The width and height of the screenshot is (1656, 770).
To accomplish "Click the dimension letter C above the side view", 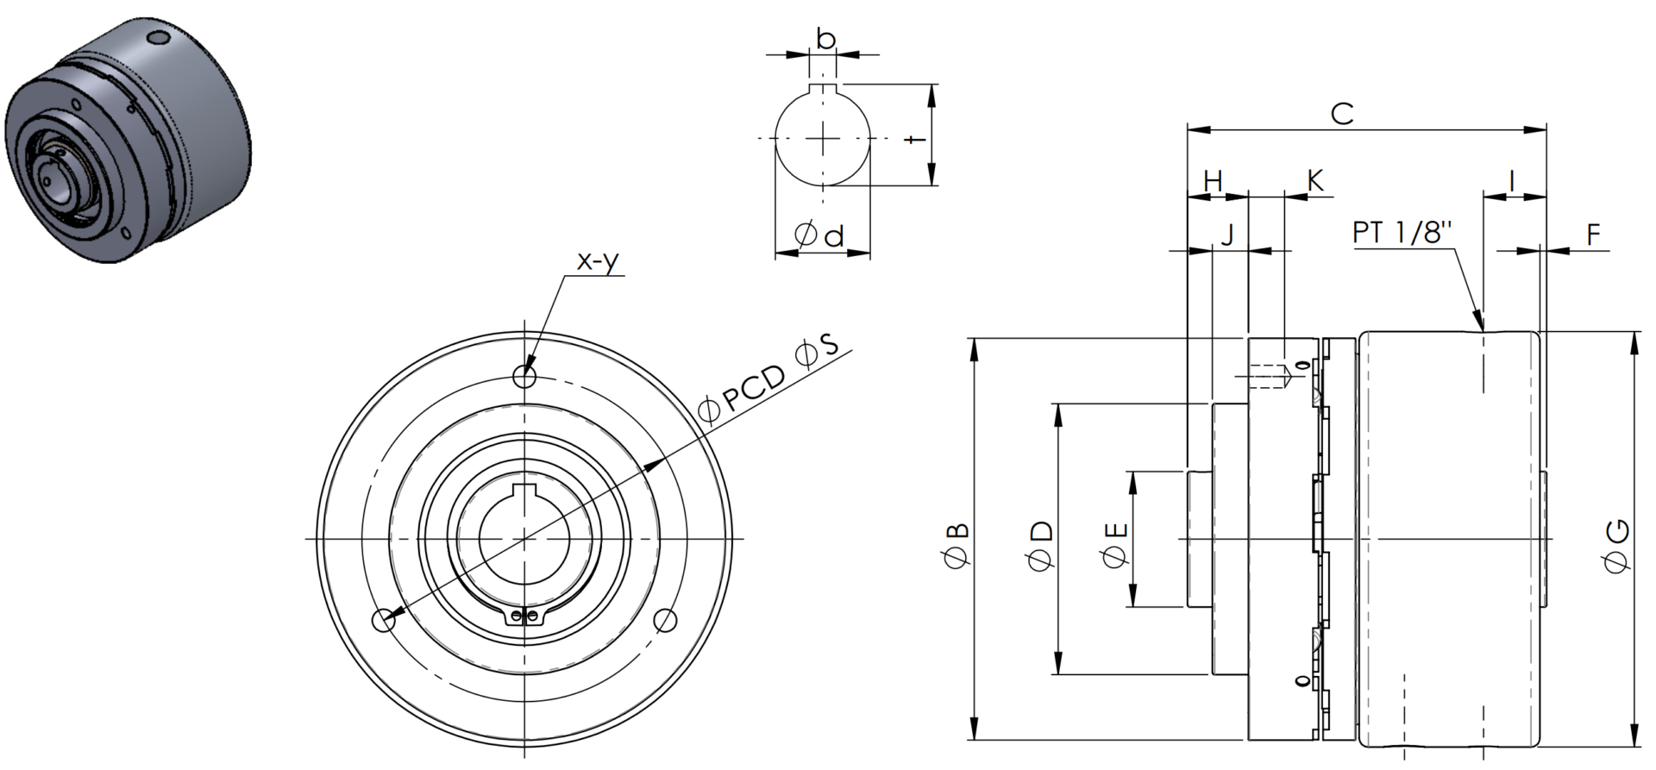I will (1342, 113).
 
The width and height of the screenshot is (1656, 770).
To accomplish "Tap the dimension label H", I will (1213, 181).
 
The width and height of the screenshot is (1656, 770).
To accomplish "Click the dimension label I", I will (1512, 181).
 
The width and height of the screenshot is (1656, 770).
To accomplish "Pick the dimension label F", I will (1593, 234).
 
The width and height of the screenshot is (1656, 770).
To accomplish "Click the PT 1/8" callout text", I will (1402, 233).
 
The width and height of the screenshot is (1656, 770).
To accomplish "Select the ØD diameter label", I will (1041, 545).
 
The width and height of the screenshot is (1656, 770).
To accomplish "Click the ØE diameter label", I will (1115, 545).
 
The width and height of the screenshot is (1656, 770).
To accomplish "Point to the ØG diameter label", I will (1615, 545).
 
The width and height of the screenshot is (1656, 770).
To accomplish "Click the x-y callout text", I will (598, 260).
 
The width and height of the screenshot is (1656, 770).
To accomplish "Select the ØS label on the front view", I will (817, 351).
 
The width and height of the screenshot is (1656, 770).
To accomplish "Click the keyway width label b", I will (825, 39).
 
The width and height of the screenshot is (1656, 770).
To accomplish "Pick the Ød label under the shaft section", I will (819, 235).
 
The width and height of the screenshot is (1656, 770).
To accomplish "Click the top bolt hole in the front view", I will (524, 376).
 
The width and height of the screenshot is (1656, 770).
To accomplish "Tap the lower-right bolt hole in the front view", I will (665, 620).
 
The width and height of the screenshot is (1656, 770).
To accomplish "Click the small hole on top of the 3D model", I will (157, 39).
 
